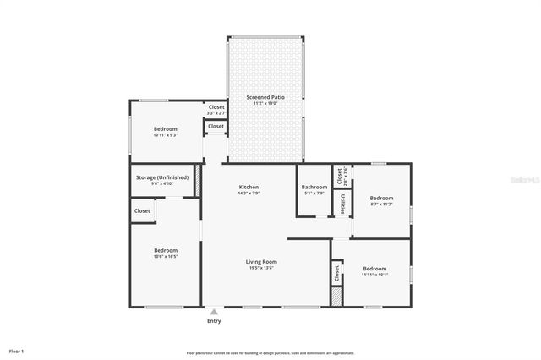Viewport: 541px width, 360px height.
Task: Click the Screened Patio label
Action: tap(265, 97)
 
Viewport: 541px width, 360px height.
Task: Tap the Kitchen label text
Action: tap(249, 187)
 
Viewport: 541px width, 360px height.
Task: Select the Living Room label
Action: tap(261, 262)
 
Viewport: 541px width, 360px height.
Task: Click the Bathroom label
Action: tap(314, 187)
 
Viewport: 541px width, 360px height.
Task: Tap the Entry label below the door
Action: tap(214, 321)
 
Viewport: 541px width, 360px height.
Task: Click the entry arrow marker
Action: tap(214, 311)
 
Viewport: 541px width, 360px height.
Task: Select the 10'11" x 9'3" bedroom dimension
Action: tap(165, 135)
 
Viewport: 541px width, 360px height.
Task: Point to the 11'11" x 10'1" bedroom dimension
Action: tap(374, 275)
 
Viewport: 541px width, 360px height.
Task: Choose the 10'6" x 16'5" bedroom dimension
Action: tap(166, 256)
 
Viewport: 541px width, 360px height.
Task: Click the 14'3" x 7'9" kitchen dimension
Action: tap(249, 194)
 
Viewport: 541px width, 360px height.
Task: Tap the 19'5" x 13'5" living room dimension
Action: tap(261, 269)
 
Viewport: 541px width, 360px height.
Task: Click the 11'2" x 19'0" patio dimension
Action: tap(265, 104)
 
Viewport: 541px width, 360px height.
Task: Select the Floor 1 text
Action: tap(17, 350)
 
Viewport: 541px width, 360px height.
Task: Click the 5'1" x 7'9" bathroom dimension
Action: tap(314, 194)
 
